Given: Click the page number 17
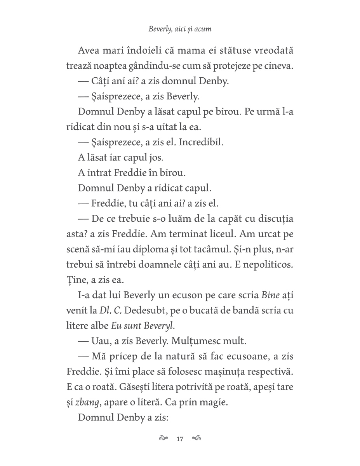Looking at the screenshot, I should coord(179,439).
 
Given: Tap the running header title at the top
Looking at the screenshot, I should coord(180,29).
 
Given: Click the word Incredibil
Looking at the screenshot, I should coord(206,142).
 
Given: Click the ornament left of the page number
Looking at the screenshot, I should coord(164,439).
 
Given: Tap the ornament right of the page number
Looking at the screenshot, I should coord(196,439).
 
